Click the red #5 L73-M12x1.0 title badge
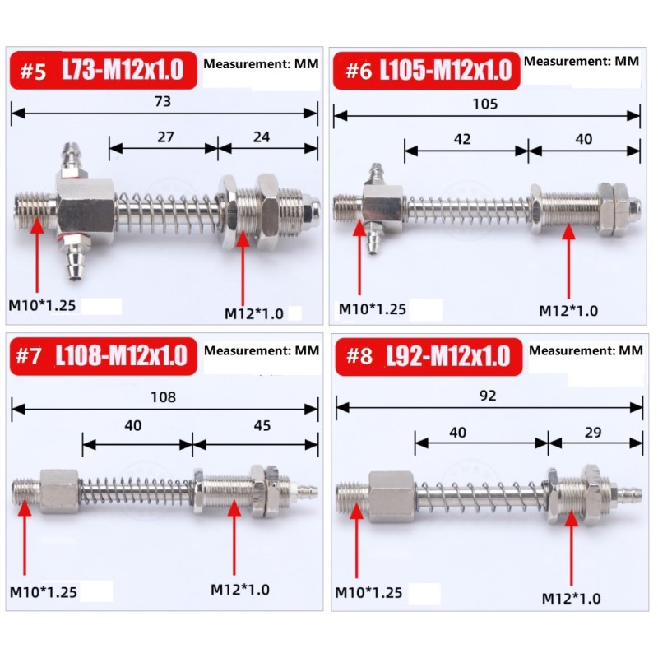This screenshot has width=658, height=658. pyautogui.click(x=104, y=70)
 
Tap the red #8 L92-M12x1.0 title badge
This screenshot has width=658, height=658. pyautogui.click(x=429, y=356)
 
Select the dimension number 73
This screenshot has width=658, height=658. pyautogui.click(x=163, y=101)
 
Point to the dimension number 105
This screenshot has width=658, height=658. pyautogui.click(x=485, y=104)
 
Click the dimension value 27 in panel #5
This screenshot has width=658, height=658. pyautogui.click(x=166, y=137)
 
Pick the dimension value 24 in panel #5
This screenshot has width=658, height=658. pyautogui.click(x=262, y=137)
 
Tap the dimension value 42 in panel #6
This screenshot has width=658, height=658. pyautogui.click(x=462, y=139)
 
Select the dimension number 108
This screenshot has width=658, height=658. pyautogui.click(x=163, y=397)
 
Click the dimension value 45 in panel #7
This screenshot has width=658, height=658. pyautogui.click(x=262, y=425)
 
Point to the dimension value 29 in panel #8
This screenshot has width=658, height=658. pyautogui.click(x=593, y=433)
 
